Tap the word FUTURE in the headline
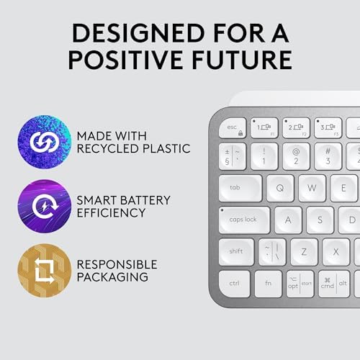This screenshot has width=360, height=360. [x=244, y=59]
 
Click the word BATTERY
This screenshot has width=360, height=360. [x=157, y=198]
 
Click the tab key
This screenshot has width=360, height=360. [x=240, y=188]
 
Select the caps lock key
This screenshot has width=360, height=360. [x=244, y=220]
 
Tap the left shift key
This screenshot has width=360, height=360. [x=236, y=251]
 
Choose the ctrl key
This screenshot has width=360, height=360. [x=235, y=283]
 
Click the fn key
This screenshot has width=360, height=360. [x=269, y=283]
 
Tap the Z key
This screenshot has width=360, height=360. [x=304, y=251]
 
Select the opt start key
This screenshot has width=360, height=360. [x=300, y=283]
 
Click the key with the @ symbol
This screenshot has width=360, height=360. [x=296, y=156]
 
